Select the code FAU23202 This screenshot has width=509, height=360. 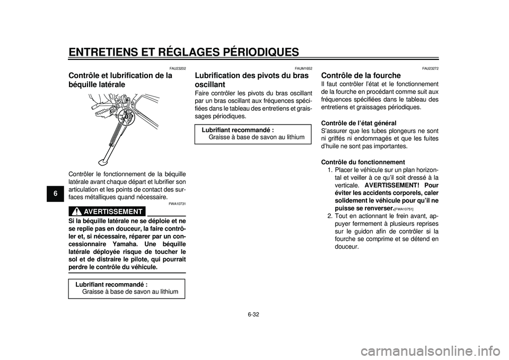point(178,68)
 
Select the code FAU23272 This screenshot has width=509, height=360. point(430,68)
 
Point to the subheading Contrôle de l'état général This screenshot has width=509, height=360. point(359,123)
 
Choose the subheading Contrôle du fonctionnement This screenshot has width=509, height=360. point(363,162)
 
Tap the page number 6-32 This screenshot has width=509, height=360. point(254,314)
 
